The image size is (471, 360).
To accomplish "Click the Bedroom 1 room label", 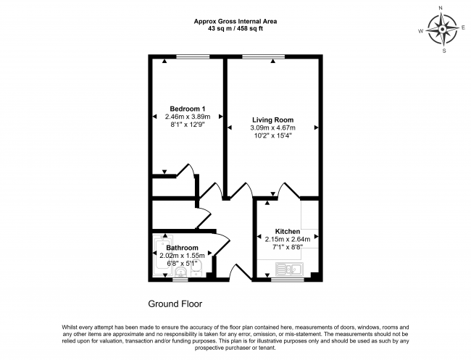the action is (x=188, y=109).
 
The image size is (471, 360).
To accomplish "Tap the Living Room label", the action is (x=272, y=120).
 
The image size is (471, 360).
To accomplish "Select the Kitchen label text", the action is (x=288, y=232).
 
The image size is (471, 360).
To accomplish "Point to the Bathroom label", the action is (x=182, y=248).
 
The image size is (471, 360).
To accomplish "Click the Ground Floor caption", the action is (x=175, y=304).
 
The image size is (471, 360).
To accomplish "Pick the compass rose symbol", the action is (x=442, y=30).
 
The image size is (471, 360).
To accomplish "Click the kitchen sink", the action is (x=289, y=269).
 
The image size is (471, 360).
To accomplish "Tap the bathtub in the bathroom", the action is (x=163, y=255).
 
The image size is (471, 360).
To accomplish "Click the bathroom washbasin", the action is (x=180, y=272).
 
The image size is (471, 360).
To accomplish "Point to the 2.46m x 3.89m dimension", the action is (x=188, y=117).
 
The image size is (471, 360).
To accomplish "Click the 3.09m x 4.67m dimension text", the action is (x=272, y=128).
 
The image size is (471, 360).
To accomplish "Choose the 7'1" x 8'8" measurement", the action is (x=288, y=247).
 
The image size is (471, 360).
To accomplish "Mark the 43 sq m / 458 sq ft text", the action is (x=236, y=29).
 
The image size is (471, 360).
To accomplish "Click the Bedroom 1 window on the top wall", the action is (x=193, y=56).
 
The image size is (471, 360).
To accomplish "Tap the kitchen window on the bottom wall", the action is (x=288, y=280).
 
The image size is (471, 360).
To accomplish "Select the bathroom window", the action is (x=180, y=280).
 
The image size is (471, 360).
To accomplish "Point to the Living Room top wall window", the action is (x=264, y=56).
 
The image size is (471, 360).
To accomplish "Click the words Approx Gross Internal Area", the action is (x=236, y=22).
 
